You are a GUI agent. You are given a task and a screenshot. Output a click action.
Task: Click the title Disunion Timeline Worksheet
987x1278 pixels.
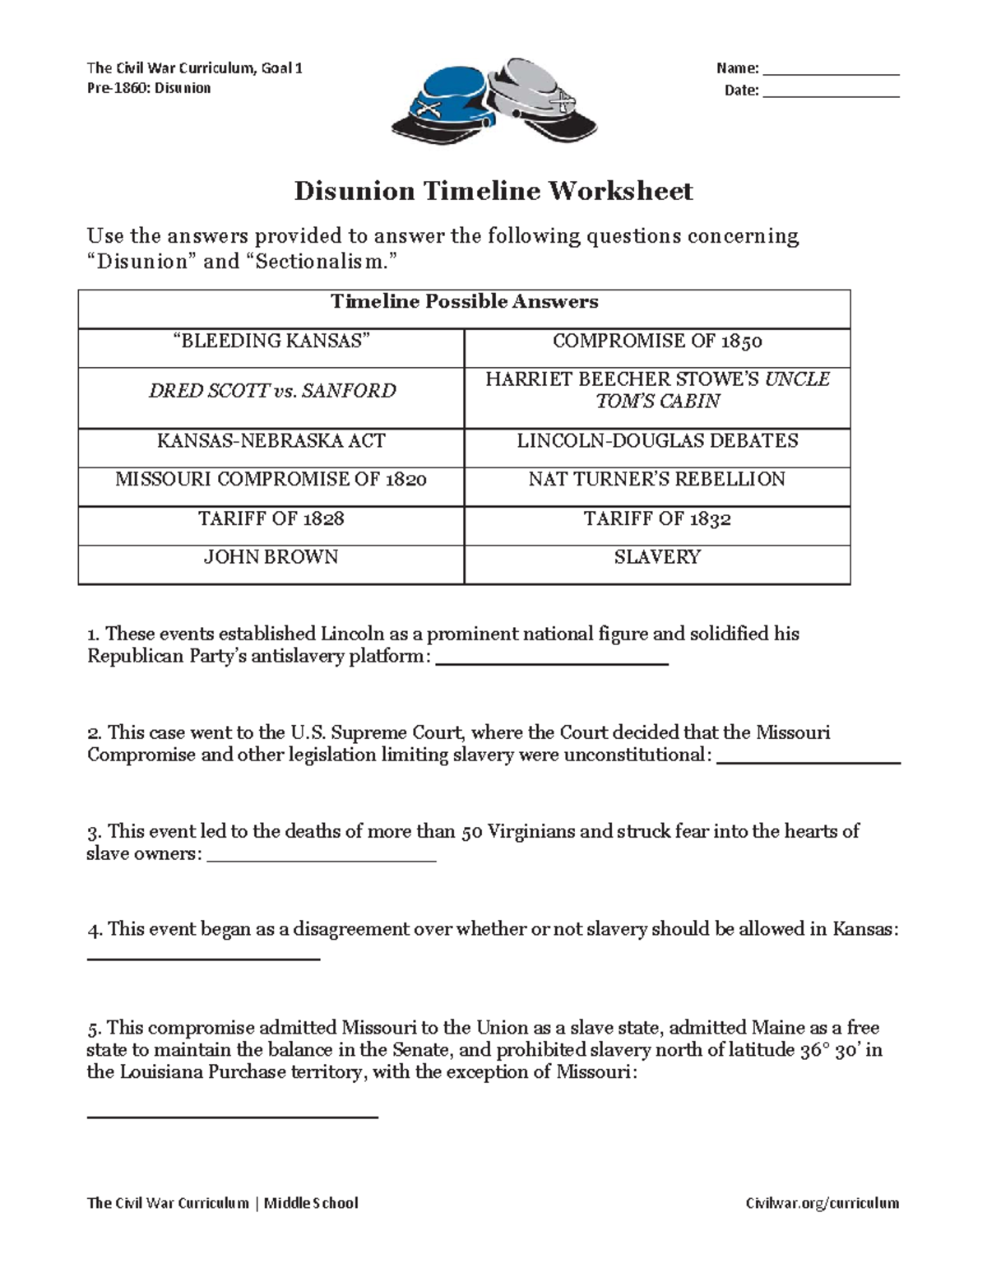tap(493, 191)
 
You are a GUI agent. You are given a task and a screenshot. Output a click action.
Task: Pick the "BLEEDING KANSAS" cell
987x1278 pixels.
tap(271, 341)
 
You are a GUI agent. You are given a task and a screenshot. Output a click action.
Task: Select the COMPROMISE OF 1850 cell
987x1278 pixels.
tap(657, 341)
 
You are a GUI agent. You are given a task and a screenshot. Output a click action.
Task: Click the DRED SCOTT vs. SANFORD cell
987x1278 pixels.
tap(271, 390)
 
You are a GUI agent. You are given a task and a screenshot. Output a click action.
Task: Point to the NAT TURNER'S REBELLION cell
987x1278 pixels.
tap(657, 479)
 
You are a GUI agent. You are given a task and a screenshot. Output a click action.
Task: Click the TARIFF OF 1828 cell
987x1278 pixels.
tap(271, 518)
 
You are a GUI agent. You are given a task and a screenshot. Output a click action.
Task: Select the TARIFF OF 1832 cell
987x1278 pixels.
tap(657, 518)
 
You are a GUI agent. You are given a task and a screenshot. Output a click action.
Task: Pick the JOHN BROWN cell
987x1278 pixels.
tap(271, 557)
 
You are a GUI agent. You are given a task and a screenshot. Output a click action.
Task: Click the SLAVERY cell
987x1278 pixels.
tap(657, 557)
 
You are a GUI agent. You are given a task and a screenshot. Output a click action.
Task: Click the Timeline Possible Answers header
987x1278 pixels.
tap(464, 301)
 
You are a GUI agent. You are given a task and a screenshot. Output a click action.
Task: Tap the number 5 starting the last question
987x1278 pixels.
tap(93, 1028)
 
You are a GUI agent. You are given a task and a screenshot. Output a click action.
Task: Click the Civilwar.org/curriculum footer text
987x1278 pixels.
tap(822, 1203)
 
